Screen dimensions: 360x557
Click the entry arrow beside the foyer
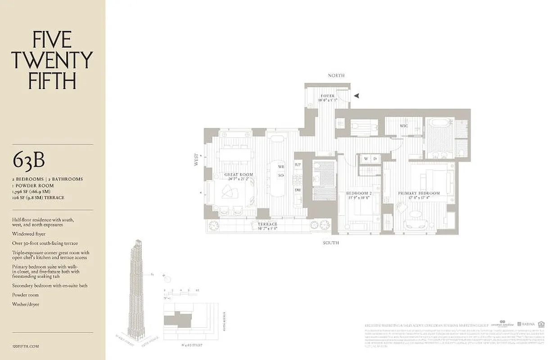pos(357,95)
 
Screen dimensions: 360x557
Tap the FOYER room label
pos(327,96)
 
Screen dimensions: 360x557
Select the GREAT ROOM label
pos(239,175)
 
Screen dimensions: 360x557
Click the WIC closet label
pos(404,126)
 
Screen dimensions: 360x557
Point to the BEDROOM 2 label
pos(358,193)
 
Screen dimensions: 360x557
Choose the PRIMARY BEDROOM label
pos(419,193)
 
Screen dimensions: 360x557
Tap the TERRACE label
pos(267,224)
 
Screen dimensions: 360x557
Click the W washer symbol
pos(366,158)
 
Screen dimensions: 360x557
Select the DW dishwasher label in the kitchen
pos(298,190)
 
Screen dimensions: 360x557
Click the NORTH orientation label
pos(336,76)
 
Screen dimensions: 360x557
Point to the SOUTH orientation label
pos(331,243)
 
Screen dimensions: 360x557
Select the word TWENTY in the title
pos(52,60)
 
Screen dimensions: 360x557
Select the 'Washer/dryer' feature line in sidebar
pos(26,304)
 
